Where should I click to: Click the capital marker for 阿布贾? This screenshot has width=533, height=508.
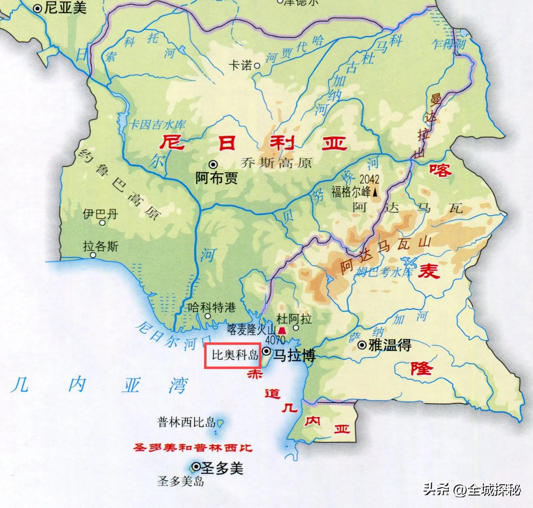(x=213, y=164)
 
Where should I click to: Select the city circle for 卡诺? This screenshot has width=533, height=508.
(x=257, y=66)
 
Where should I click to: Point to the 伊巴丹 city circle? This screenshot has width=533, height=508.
(x=102, y=222)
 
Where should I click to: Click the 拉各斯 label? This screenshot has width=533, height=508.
(x=101, y=247)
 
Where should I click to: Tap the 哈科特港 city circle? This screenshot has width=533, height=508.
(x=208, y=316)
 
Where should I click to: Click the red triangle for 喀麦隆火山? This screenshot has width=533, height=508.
(x=281, y=331)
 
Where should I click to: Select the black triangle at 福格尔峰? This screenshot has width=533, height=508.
(x=375, y=193)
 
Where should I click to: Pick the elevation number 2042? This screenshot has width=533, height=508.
(x=369, y=179)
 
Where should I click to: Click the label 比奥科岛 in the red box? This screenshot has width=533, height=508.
(x=235, y=355)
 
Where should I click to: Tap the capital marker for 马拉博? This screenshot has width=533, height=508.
(x=267, y=352)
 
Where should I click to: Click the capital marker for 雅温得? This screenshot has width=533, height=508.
(x=362, y=346)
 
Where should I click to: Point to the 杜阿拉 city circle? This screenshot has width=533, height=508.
(x=296, y=328)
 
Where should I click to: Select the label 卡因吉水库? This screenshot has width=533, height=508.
(x=157, y=125)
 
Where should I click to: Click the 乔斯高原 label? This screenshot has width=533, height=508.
(x=276, y=163)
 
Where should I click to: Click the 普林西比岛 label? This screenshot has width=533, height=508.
(x=186, y=422)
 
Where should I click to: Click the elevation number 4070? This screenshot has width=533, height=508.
(x=275, y=340)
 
